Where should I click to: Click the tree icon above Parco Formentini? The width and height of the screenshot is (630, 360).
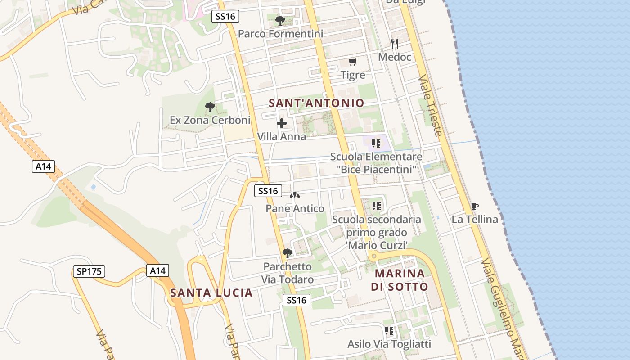[280, 20]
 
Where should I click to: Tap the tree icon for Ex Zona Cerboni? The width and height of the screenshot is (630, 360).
[210, 107]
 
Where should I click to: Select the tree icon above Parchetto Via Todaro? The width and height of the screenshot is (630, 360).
[287, 253]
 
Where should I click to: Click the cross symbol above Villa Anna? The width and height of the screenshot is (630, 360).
[282, 123]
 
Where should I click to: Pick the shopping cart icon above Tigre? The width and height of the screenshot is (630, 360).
[352, 62]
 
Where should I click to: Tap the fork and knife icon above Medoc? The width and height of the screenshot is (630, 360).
[395, 44]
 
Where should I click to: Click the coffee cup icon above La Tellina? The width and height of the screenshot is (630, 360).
[474, 206]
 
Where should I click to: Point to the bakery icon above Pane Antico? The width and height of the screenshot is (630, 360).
[294, 195]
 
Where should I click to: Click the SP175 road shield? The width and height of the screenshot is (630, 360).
[89, 271]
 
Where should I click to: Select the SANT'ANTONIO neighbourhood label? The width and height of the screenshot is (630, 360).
[316, 103]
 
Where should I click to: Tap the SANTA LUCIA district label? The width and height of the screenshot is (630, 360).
[211, 293]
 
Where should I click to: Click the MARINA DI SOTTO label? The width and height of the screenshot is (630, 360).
[400, 280]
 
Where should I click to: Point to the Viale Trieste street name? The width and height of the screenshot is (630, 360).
[431, 106]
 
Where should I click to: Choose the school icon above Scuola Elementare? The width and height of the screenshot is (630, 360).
[376, 144]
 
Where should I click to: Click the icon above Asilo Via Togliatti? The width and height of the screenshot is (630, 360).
[389, 331]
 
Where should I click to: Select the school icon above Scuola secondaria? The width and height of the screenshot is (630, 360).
[377, 206]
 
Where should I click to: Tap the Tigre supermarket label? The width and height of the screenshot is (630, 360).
[353, 75]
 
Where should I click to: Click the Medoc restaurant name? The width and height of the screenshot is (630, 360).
[395, 57]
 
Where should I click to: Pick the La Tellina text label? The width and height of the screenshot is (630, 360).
[475, 220]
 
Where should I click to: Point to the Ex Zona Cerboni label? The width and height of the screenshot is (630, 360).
[210, 120]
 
